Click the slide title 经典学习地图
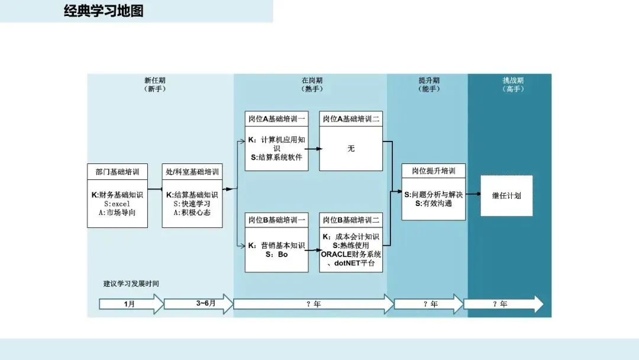[104, 11]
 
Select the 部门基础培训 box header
[117, 172]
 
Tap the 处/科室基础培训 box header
[192, 172]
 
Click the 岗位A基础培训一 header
[276, 118]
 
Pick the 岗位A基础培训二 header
[351, 118]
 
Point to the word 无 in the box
[351, 148]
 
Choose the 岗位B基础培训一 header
[276, 220]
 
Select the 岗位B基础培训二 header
[351, 220]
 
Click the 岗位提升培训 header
[434, 171]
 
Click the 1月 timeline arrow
[130, 304]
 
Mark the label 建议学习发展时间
[131, 284]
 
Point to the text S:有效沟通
[434, 203]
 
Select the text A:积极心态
[192, 212]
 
